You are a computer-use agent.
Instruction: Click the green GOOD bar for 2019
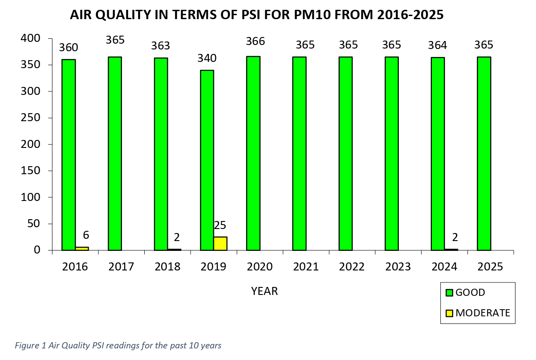tap(207, 160)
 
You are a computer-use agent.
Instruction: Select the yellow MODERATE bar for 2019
tap(220, 244)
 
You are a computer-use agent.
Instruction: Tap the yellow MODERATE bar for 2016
tap(82, 248)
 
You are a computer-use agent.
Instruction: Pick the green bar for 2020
tap(253, 154)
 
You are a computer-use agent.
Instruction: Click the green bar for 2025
tap(484, 154)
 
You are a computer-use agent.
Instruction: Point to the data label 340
tap(207, 58)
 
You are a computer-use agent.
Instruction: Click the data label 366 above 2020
tap(256, 41)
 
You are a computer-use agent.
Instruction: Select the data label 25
tap(220, 225)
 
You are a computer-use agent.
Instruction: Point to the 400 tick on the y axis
tap(31, 39)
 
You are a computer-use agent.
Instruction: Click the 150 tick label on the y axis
tap(31, 171)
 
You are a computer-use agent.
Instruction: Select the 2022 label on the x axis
tap(352, 267)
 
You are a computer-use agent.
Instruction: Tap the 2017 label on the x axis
tap(121, 267)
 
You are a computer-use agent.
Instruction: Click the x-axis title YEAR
tap(264, 291)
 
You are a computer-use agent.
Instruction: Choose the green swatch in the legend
tap(449, 293)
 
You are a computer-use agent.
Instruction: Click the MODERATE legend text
tap(483, 313)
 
